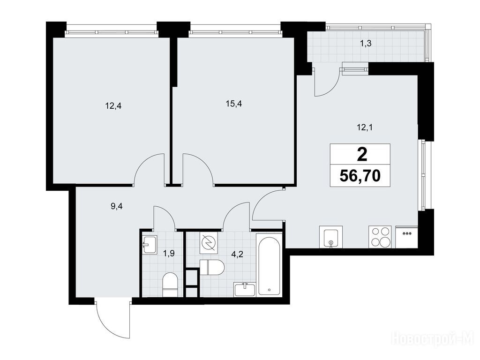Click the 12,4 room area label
[x=113, y=106]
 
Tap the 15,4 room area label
[x=234, y=104]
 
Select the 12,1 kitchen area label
[x=364, y=127]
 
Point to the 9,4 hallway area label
[x=117, y=206]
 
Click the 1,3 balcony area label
[x=366, y=44]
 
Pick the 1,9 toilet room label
[x=169, y=254]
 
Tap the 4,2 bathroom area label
[x=237, y=254]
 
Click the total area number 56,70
[x=360, y=176]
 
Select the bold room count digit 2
[x=362, y=155]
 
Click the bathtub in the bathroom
[x=269, y=265]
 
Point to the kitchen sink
[x=330, y=237]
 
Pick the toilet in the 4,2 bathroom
[x=212, y=267]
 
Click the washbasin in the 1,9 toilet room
[x=150, y=244]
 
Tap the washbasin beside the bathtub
[x=245, y=290]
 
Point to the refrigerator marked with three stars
[x=407, y=237]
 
